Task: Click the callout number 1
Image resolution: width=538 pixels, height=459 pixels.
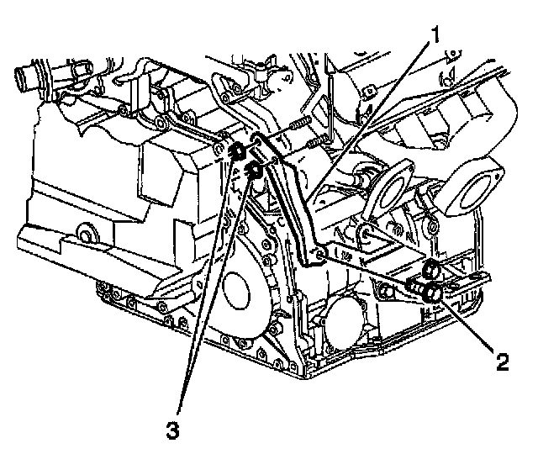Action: tap(435, 36)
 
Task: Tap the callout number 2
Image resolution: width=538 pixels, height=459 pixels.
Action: tap(502, 362)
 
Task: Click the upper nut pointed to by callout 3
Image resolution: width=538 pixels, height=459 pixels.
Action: tap(238, 152)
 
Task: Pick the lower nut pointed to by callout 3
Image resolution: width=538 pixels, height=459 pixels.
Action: tap(255, 173)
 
